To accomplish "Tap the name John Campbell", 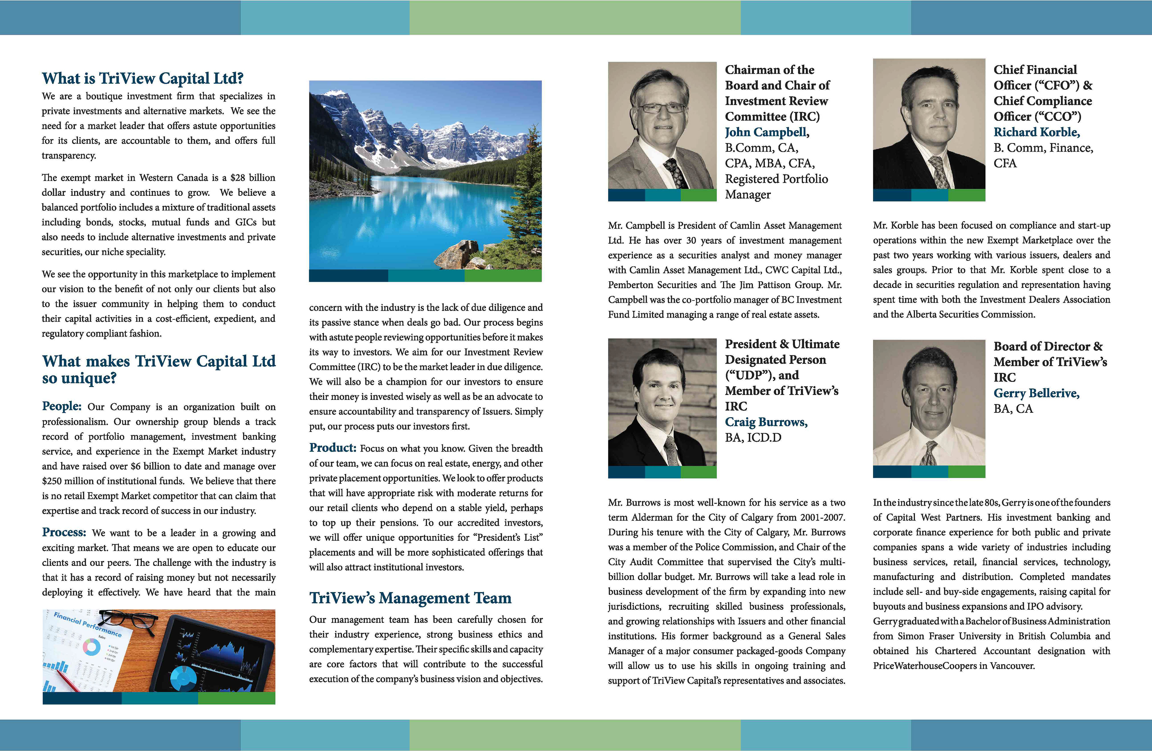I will click(766, 132).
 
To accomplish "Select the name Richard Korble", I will click(1036, 132).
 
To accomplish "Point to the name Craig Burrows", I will click(766, 422).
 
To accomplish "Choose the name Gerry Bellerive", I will click(1036, 393).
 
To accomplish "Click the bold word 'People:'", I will click(61, 406).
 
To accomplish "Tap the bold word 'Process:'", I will click(64, 532).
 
